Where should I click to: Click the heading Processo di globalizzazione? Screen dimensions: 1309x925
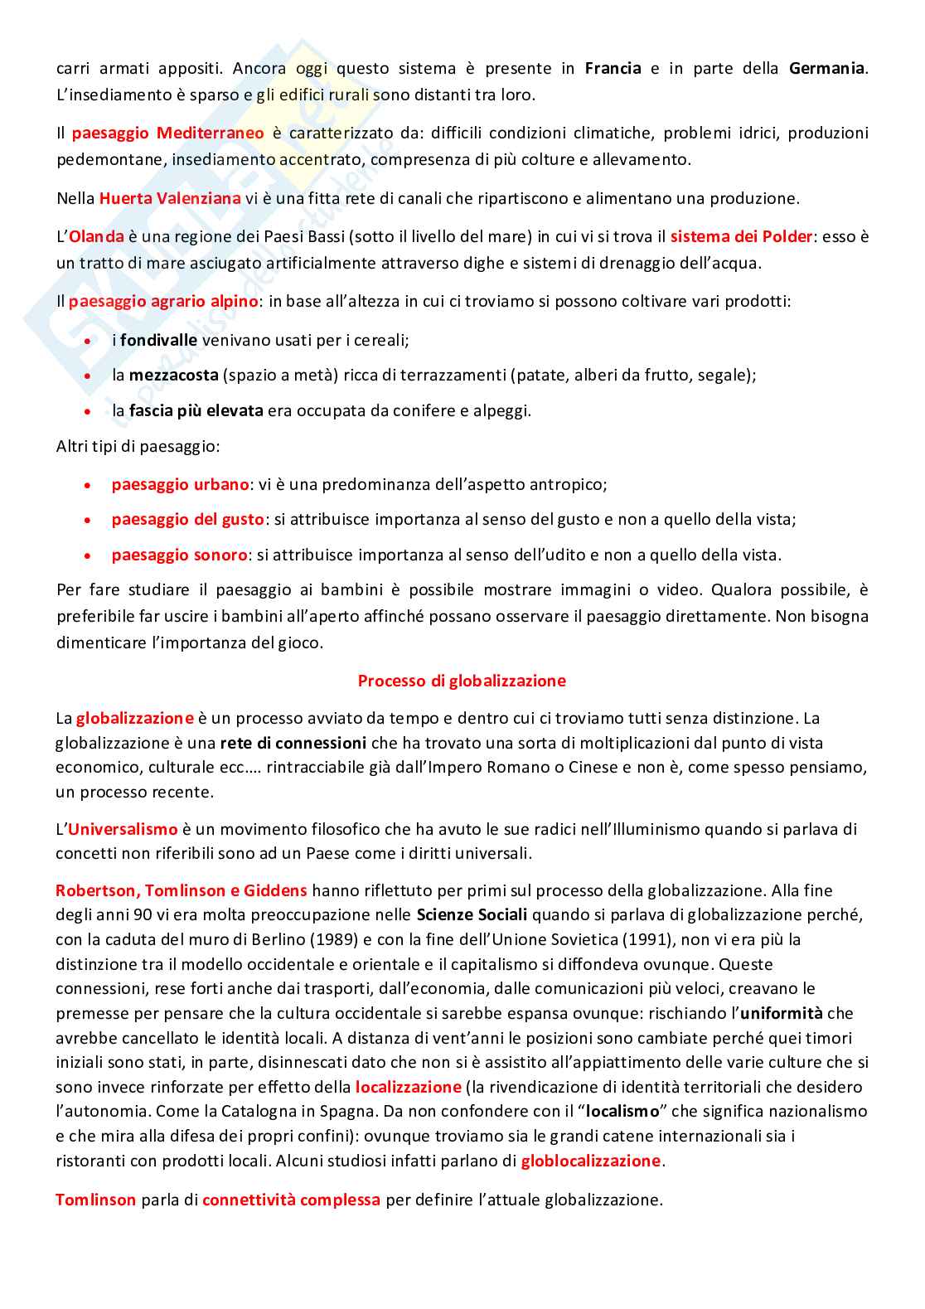(462, 681)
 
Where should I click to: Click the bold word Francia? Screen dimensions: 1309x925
(613, 68)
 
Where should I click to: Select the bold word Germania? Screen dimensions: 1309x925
(826, 68)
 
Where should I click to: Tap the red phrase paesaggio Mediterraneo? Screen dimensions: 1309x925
(167, 133)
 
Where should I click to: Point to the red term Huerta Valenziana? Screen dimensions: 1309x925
(170, 198)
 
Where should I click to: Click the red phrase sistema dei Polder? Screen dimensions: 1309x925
(741, 236)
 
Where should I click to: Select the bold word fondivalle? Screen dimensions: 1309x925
(158, 340)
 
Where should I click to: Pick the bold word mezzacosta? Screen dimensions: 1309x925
(173, 375)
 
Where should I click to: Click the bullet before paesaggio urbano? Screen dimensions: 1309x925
(88, 485)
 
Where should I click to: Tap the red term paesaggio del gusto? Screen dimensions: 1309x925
(187, 520)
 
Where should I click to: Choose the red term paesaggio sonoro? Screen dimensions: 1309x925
(179, 555)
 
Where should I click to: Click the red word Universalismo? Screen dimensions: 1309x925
(123, 829)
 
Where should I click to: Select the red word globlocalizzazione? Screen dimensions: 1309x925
(590, 1161)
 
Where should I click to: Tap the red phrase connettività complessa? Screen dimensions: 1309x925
(291, 1200)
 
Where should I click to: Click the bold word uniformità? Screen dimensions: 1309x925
(782, 1013)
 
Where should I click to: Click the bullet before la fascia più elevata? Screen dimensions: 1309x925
(88, 411)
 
